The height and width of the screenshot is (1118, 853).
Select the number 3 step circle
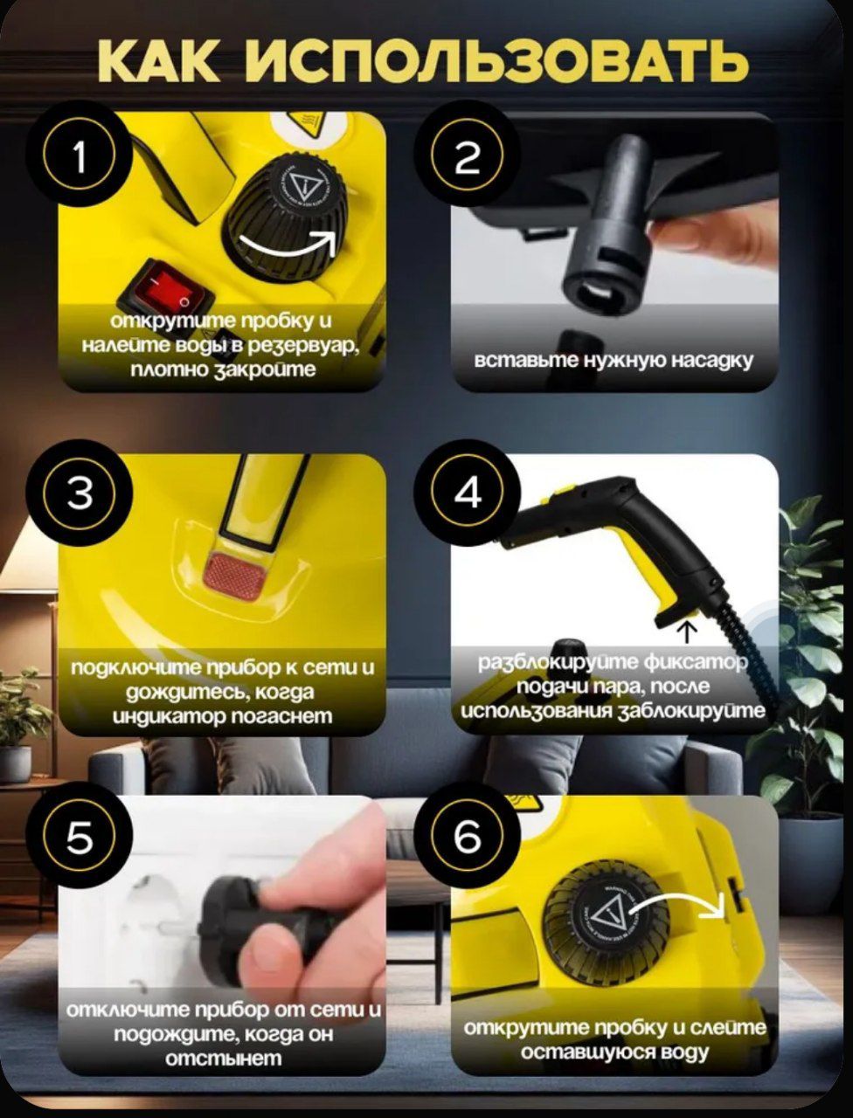click(x=80, y=493)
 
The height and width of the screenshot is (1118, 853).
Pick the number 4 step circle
click(x=468, y=493)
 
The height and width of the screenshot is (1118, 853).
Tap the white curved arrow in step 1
click(x=288, y=246)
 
